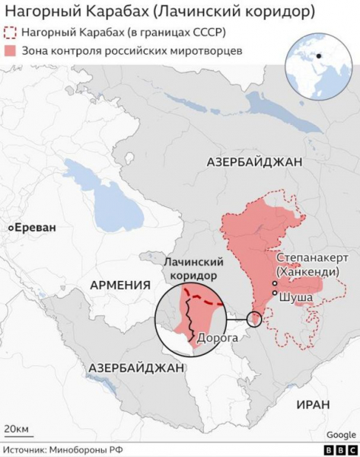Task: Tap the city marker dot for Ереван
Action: pos(11,227)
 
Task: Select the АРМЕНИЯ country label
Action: pos(119,285)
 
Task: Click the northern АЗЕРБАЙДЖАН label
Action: pos(254,162)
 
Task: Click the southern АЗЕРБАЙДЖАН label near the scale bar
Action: pos(136,367)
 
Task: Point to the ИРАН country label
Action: pos(313,404)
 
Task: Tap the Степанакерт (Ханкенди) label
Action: pos(312,265)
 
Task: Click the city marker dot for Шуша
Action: pos(274,292)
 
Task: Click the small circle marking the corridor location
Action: pos(254,318)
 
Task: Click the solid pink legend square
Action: pos(11,50)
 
